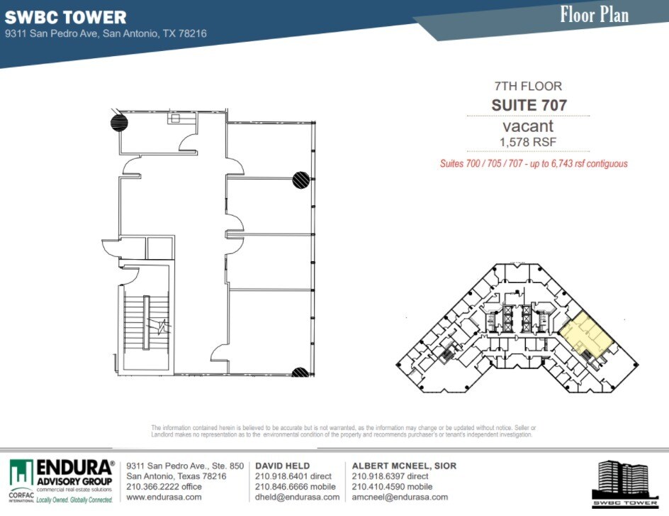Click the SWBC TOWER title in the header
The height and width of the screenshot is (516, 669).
pyautogui.click(x=66, y=18)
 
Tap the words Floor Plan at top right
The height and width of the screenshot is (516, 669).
pyautogui.click(x=594, y=15)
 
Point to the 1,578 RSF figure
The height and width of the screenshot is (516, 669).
pyautogui.click(x=528, y=142)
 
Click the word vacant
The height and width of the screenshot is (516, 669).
pyautogui.click(x=528, y=126)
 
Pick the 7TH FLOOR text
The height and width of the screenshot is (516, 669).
pyautogui.click(x=528, y=87)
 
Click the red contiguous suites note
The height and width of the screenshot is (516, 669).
pyautogui.click(x=534, y=164)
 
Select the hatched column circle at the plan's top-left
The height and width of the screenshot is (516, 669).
pyautogui.click(x=119, y=122)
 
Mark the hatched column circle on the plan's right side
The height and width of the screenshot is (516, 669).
pyautogui.click(x=300, y=180)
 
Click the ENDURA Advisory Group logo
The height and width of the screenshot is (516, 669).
pyautogui.click(x=62, y=480)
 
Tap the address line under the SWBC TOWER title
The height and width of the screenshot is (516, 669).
pyautogui.click(x=106, y=33)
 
